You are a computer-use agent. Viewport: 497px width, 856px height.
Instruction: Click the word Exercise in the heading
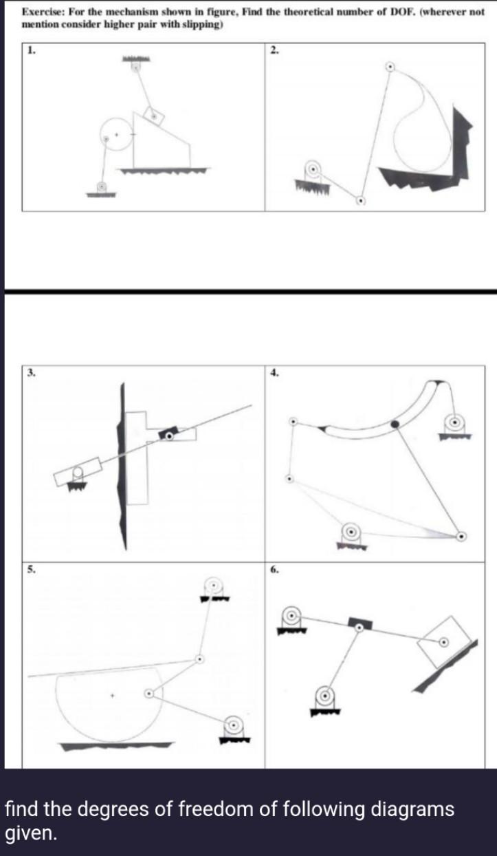coord(42,13)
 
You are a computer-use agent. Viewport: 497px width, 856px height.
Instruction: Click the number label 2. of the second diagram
coord(274,50)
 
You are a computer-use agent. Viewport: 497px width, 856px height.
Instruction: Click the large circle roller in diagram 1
coord(117,134)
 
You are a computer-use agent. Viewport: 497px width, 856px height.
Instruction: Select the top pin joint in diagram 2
coord(390,67)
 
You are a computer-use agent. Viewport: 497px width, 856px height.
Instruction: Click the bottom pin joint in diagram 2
coord(360,201)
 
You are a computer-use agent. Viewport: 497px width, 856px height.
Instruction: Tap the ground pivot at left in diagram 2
coord(313,168)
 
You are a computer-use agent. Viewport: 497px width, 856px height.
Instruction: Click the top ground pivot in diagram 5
coord(213,586)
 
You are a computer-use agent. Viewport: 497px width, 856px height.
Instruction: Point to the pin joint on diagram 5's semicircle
coord(148,694)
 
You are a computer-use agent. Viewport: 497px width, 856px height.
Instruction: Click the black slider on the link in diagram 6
coord(360,623)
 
